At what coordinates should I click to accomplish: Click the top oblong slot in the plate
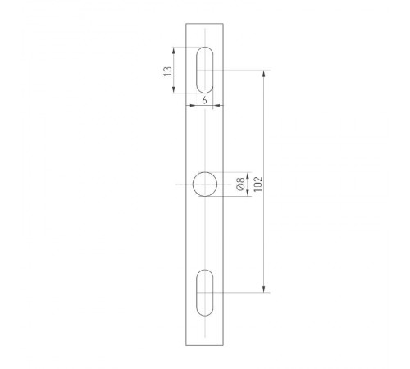coord(205,70)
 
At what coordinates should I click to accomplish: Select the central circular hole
coord(205,184)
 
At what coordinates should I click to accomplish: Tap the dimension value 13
coord(168,71)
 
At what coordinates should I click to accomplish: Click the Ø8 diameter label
coord(239,184)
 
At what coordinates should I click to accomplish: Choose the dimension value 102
coord(257,182)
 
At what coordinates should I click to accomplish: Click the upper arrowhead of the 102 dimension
coord(264,74)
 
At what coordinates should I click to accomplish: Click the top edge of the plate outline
coord(205,24)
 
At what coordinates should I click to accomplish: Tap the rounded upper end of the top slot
coord(205,49)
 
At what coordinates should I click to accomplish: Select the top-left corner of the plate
coord(186,24)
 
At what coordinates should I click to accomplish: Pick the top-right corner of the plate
coord(225,24)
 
